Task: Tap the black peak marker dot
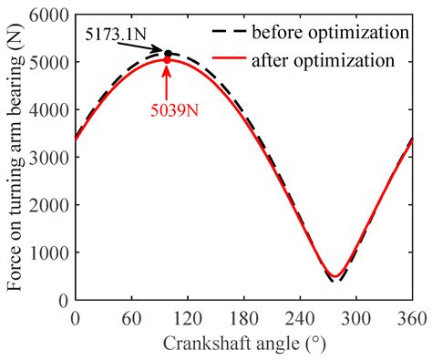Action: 168,54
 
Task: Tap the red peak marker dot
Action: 168,61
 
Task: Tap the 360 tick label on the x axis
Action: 411,318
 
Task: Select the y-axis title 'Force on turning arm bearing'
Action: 15,157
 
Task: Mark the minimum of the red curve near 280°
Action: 335,275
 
